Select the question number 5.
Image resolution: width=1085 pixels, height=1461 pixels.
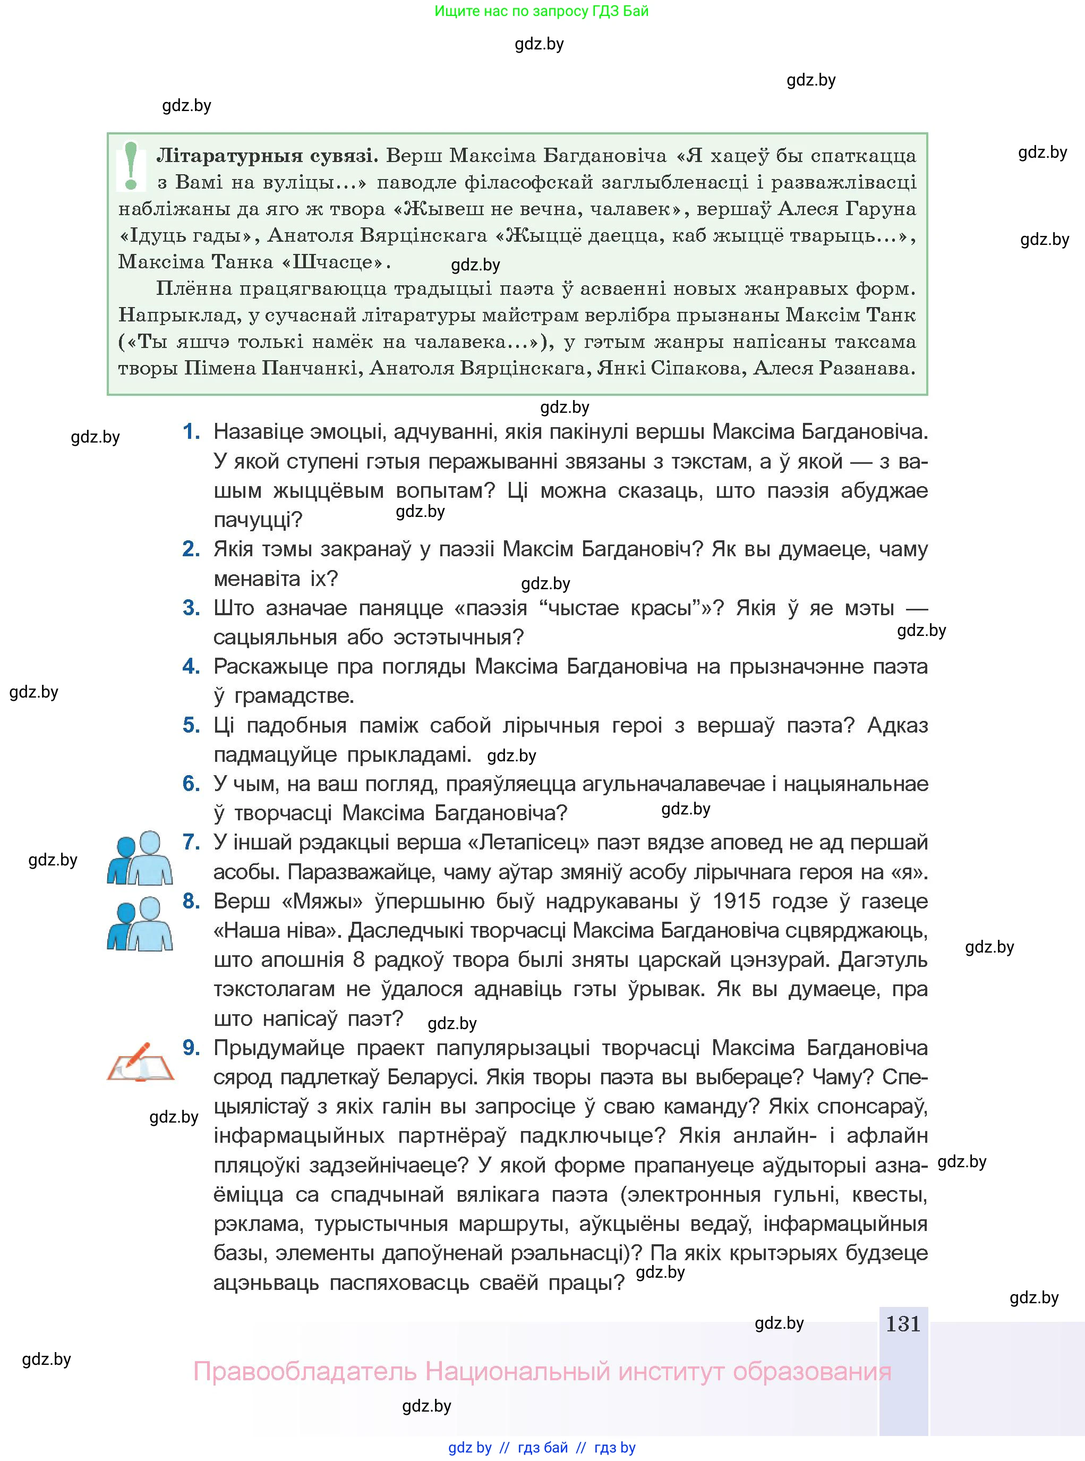191,725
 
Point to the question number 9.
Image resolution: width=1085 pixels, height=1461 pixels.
191,1048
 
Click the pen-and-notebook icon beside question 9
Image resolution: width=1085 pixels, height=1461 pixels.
140,1061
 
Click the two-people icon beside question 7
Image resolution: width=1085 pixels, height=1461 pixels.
140,858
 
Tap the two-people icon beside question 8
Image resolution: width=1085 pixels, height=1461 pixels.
140,924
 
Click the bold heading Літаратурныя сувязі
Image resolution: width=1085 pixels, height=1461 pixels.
266,156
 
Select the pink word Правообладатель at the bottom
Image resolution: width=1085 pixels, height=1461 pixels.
305,1372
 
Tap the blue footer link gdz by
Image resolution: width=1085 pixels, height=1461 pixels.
469,1448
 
